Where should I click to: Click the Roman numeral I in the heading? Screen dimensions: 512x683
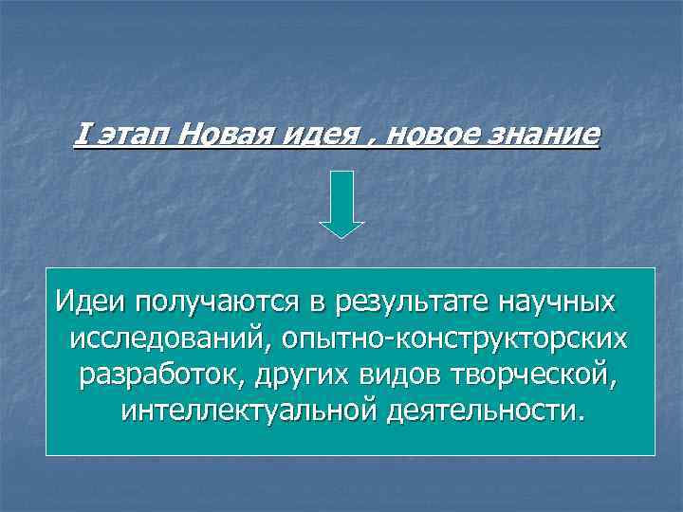(80, 136)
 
